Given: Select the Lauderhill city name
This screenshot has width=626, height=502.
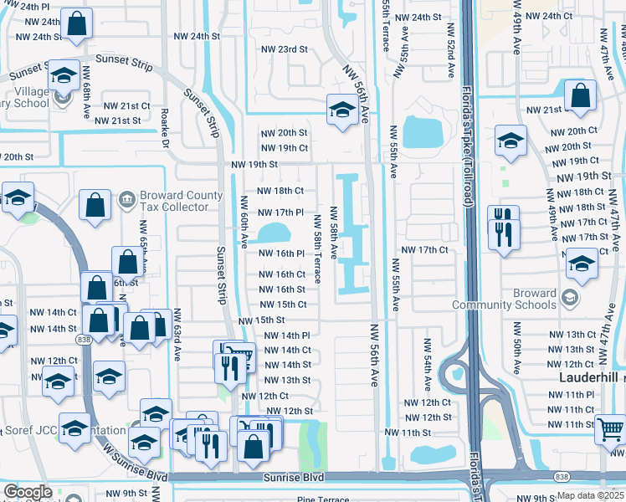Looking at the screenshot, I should pos(588,378).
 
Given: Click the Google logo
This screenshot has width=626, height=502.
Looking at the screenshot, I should pos(28,491).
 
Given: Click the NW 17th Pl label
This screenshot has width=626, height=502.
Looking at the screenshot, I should pos(277,213).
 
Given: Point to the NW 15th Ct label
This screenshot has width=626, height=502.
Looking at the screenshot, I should pos(280,305).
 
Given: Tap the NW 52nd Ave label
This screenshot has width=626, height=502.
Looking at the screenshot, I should pos(449,60).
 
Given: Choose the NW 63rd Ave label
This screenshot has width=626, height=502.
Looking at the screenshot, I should pos(177,337).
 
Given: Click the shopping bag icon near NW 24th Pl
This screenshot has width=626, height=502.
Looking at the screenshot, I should pos(76,27).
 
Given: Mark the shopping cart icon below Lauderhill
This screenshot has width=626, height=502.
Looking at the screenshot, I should pos(611,429).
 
